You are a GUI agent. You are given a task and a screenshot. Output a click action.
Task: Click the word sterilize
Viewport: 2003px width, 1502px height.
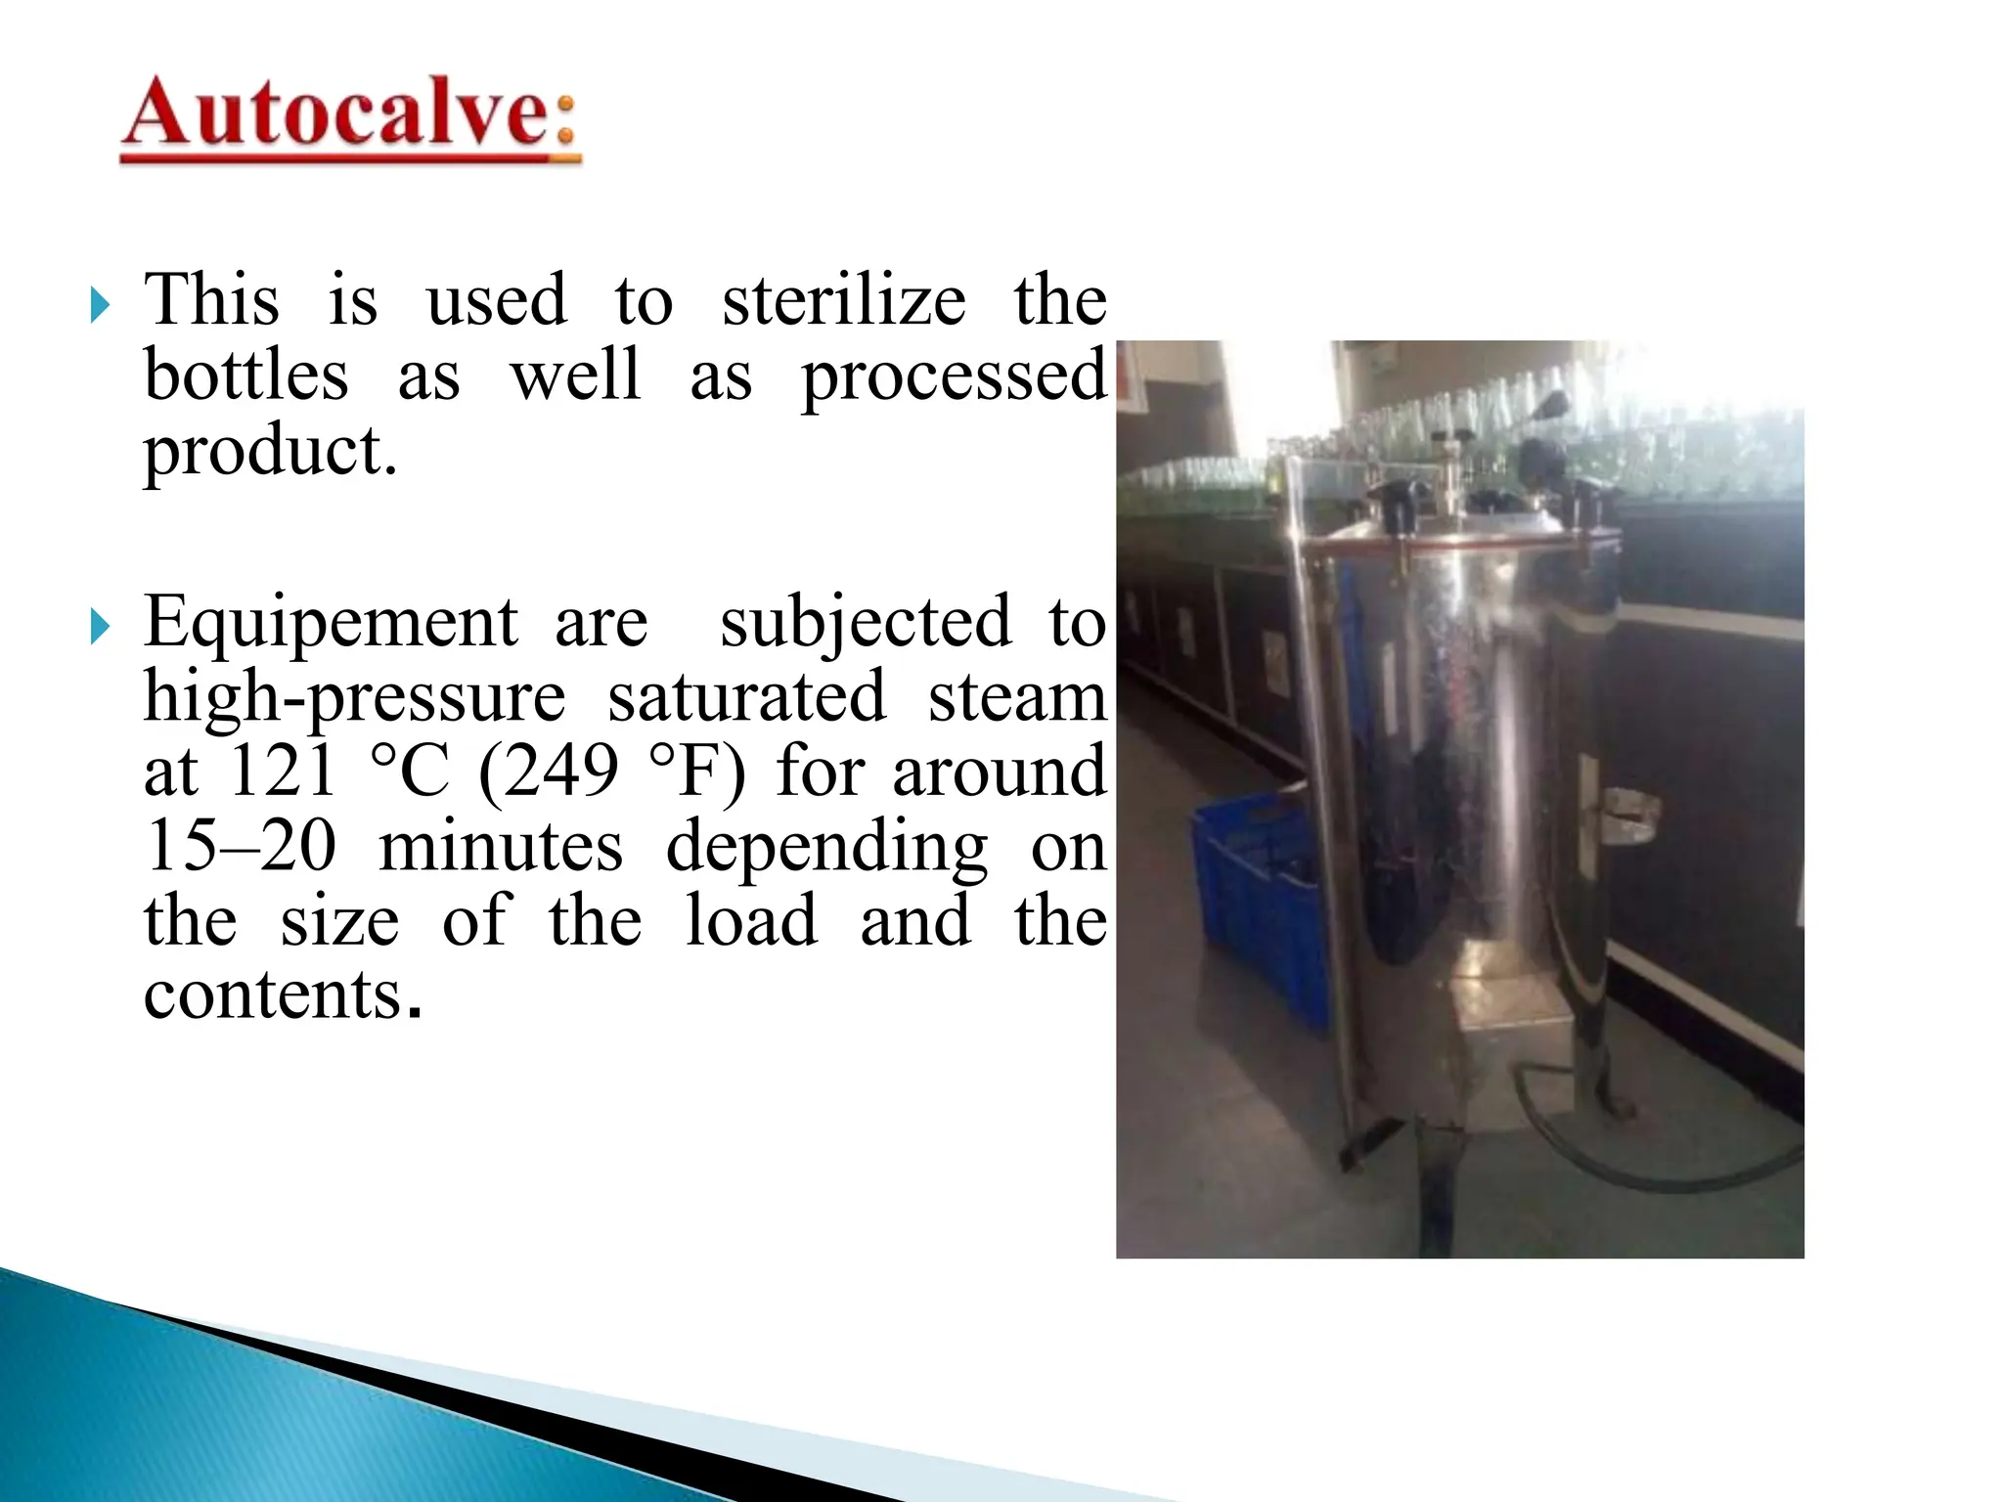point(843,300)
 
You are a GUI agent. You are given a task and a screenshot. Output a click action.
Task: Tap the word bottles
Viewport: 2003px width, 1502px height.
point(245,376)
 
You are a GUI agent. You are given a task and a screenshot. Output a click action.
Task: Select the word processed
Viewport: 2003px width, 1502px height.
point(954,378)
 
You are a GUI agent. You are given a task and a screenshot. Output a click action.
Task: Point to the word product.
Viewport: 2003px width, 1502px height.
point(270,453)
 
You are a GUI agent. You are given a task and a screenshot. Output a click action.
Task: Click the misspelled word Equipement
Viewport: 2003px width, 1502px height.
point(331,623)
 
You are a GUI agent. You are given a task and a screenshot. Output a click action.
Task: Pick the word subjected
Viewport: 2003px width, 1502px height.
point(865,623)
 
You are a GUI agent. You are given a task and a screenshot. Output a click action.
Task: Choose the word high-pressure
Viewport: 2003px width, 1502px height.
point(354,698)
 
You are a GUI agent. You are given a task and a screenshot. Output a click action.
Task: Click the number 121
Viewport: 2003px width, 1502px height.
point(282,772)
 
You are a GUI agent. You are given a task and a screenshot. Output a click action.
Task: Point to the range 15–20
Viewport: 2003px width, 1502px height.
point(241,846)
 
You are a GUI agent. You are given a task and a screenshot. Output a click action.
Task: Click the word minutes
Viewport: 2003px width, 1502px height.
point(501,846)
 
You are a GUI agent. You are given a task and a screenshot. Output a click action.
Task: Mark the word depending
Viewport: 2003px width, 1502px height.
point(826,848)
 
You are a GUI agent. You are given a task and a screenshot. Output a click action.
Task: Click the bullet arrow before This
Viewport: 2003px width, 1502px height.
point(100,305)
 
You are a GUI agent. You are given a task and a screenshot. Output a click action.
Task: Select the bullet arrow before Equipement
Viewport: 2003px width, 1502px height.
point(100,627)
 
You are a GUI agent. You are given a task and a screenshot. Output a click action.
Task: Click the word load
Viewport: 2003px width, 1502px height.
point(751,920)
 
